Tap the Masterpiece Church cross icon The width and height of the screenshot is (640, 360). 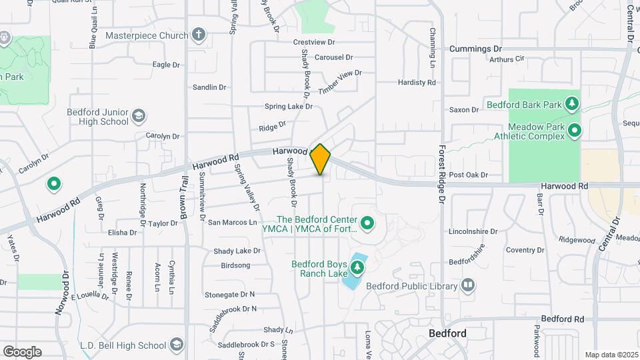click(x=198, y=35)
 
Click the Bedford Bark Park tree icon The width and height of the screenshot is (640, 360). click(x=571, y=103)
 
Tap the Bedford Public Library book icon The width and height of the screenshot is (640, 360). click(x=468, y=286)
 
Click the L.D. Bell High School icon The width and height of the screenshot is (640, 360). click(x=176, y=345)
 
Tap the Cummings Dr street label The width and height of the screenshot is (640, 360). click(x=475, y=49)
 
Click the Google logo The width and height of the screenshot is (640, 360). click(x=22, y=351)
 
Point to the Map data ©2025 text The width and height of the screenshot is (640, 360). click(x=610, y=355)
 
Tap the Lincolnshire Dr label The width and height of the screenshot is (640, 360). click(x=474, y=232)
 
